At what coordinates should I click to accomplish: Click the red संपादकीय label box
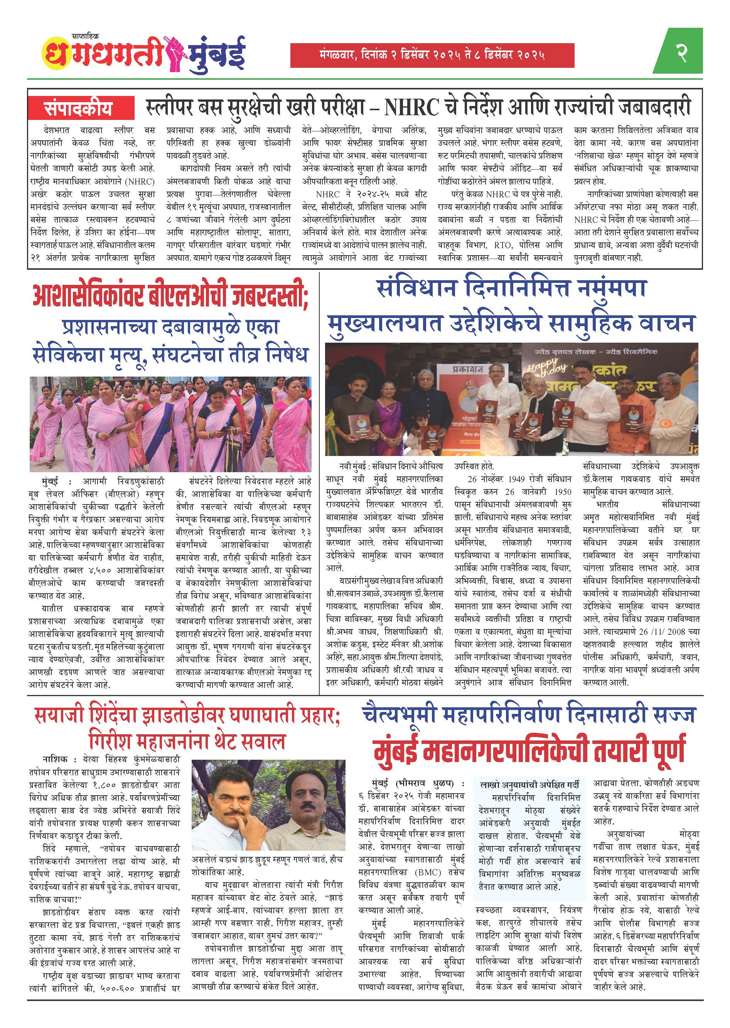[81, 108]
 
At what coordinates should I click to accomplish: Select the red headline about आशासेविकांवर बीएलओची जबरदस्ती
[170, 296]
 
